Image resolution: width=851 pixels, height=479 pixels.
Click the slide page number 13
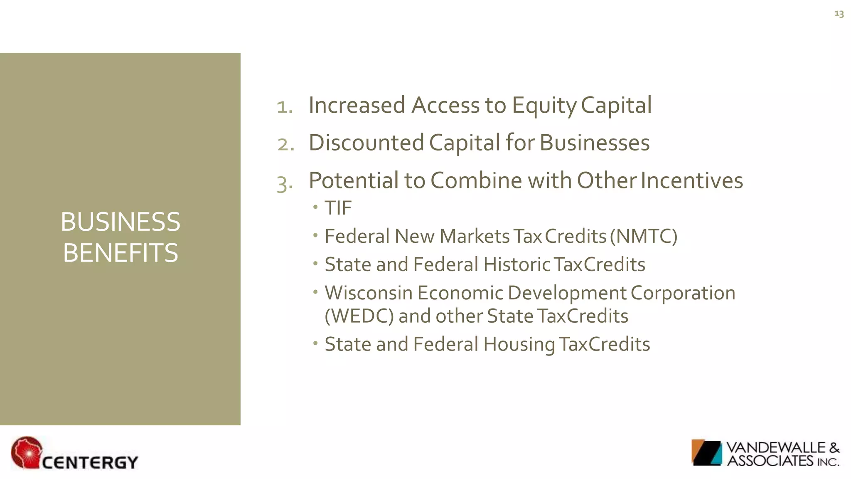tap(839, 14)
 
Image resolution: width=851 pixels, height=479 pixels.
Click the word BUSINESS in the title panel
tap(121, 222)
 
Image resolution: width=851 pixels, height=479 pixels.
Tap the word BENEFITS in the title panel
tap(121, 253)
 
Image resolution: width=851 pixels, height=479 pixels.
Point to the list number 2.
tap(286, 145)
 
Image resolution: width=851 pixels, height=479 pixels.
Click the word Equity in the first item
tap(544, 106)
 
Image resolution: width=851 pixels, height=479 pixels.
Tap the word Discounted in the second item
tap(366, 143)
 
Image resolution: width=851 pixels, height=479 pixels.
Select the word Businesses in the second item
tap(594, 143)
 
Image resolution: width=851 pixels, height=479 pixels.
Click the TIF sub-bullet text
tap(338, 208)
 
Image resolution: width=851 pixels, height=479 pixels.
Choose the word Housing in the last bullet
tap(519, 345)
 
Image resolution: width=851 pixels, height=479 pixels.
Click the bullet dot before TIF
tap(316, 207)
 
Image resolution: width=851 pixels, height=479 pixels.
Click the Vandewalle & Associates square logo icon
tap(706, 452)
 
